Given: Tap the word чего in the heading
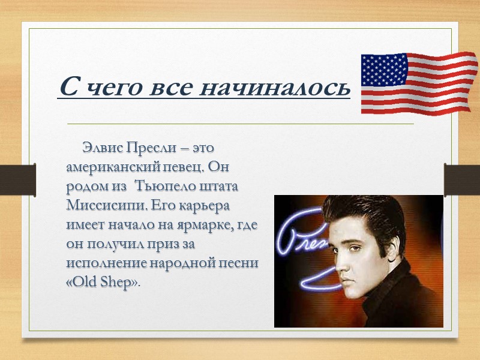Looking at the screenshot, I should [115, 88].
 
